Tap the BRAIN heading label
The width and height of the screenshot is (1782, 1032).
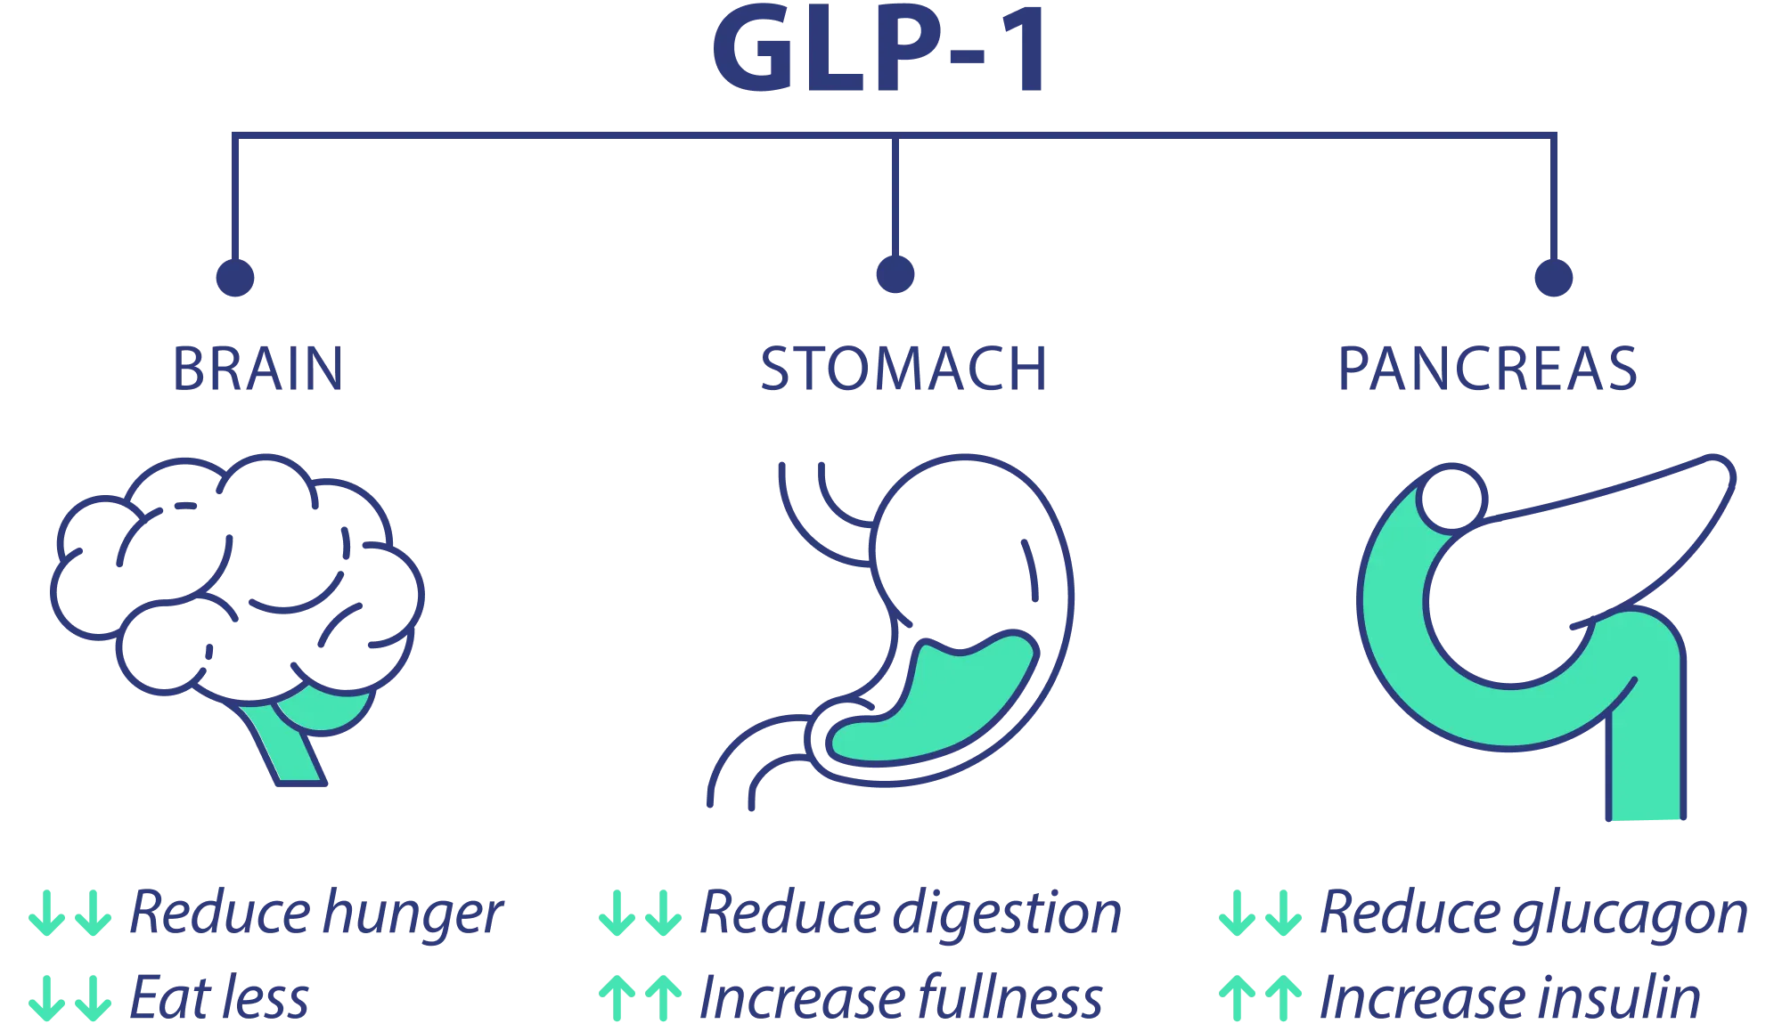pos(257,369)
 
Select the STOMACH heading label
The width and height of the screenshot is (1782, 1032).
pos(903,369)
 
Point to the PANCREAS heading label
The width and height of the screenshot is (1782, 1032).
pos(1489,369)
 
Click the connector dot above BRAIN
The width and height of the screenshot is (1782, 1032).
pos(235,276)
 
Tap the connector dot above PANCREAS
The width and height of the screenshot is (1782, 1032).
pos(1553,276)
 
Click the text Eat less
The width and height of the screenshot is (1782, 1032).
pos(220,998)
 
